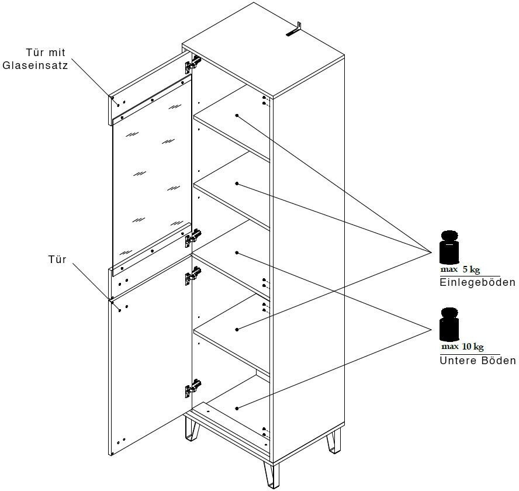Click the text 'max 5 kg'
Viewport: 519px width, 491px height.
click(x=460, y=270)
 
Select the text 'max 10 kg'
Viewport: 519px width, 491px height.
click(x=462, y=347)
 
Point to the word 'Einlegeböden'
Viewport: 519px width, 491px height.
click(x=477, y=283)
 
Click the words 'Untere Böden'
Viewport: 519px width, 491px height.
click(x=478, y=361)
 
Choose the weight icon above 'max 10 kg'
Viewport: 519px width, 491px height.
click(x=449, y=324)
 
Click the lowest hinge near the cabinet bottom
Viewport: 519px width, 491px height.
click(x=192, y=386)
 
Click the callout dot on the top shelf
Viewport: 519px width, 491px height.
click(x=237, y=116)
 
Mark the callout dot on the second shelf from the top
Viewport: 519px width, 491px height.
click(x=237, y=184)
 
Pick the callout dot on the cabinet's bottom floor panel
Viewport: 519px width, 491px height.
click(x=237, y=407)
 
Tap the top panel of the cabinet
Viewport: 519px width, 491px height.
click(x=263, y=50)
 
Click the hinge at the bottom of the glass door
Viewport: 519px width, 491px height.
click(x=193, y=237)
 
